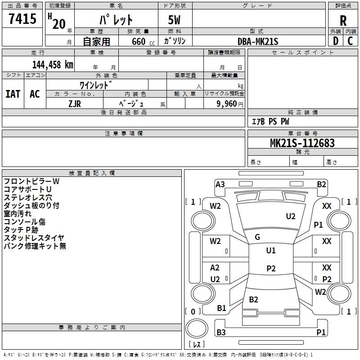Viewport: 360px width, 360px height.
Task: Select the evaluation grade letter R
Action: (343, 21)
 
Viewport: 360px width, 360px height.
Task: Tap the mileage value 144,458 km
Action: (53, 64)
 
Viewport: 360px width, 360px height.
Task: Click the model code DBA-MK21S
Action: (258, 41)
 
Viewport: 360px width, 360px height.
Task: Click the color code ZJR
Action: (75, 103)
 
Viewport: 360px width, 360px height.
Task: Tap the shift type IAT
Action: (13, 94)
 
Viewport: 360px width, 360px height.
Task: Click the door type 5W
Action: (175, 20)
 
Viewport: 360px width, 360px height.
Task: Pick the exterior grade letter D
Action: (335, 41)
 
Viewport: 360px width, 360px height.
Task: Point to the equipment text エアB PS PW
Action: (270, 122)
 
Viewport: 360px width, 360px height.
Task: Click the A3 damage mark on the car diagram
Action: (220, 184)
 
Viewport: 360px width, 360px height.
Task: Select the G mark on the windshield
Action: (257, 237)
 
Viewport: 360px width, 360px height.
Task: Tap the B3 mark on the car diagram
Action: (221, 332)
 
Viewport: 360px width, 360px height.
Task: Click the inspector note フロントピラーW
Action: (31, 181)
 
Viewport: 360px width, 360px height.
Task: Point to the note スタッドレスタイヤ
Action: (34, 238)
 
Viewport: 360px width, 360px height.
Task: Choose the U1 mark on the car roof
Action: (270, 251)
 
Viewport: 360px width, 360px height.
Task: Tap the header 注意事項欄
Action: (123, 134)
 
